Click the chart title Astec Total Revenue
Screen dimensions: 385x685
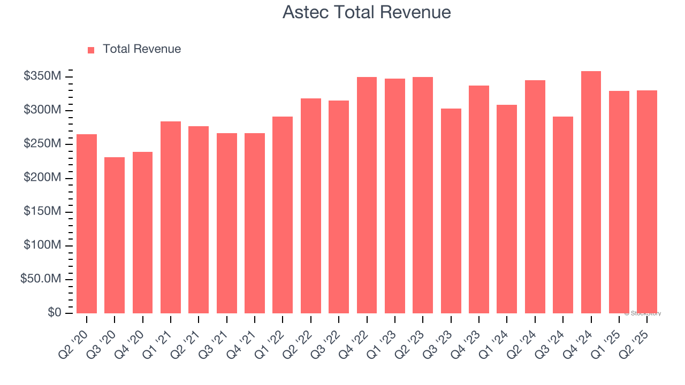[367, 12]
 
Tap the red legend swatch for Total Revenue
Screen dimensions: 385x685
[91, 50]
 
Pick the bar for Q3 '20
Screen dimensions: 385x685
[115, 235]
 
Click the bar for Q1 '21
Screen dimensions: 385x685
[171, 217]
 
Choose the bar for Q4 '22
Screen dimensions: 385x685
[367, 195]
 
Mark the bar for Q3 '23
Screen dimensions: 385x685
[451, 211]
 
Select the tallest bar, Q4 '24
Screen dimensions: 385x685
[591, 192]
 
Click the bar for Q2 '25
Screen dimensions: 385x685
[647, 202]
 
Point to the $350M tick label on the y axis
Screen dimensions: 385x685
[42, 76]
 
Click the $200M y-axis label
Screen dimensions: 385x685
[42, 178]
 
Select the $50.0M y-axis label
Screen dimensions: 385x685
[41, 279]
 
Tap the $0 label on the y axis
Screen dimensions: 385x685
[54, 313]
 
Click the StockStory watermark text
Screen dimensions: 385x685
[643, 313]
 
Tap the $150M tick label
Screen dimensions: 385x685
[42, 212]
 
